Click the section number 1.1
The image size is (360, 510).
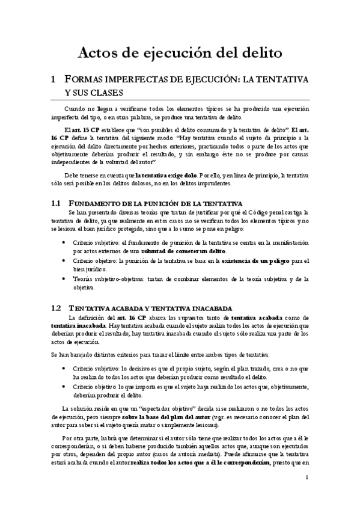[57, 204]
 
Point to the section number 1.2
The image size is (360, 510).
[57, 307]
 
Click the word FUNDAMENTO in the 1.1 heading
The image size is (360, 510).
[98, 204]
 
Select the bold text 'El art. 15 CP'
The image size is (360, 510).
[79, 129]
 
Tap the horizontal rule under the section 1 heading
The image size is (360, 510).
[180, 100]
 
